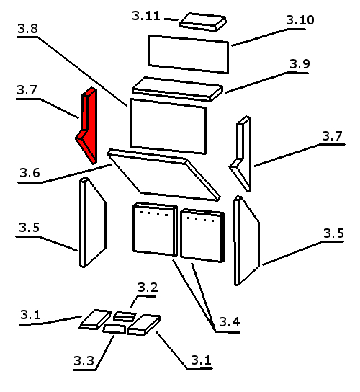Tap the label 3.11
click(146, 16)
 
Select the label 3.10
click(300, 20)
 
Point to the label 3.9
click(300, 64)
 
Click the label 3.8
click(28, 29)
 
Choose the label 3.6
click(30, 173)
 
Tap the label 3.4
click(230, 322)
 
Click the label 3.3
click(84, 360)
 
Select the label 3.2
click(148, 288)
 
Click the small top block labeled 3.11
click(203, 22)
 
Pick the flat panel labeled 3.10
click(188, 54)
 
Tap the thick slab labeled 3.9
click(177, 89)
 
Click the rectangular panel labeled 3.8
click(168, 126)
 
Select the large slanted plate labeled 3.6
click(163, 175)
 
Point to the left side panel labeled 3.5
click(92, 223)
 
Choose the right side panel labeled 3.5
click(246, 241)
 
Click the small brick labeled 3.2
click(125, 316)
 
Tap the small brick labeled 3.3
click(114, 329)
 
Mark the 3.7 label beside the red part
click(27, 90)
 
